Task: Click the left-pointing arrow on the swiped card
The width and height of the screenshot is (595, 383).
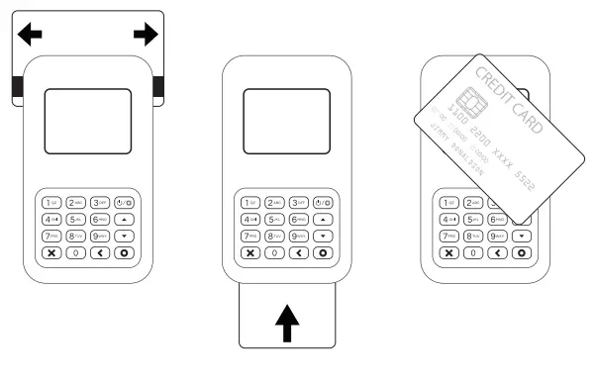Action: click(31, 36)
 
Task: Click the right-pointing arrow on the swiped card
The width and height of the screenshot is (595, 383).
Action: click(145, 36)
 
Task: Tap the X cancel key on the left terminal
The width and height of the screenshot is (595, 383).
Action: click(51, 253)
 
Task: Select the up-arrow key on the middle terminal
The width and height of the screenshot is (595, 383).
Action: click(324, 220)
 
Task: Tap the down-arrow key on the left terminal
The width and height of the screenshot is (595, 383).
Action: click(125, 237)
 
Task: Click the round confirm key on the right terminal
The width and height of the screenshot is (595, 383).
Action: click(521, 253)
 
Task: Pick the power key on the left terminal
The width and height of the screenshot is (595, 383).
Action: click(125, 203)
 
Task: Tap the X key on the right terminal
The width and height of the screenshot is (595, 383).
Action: click(447, 253)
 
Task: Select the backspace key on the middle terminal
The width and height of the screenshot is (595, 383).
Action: click(299, 253)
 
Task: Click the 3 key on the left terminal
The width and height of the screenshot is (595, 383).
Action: click(101, 203)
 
